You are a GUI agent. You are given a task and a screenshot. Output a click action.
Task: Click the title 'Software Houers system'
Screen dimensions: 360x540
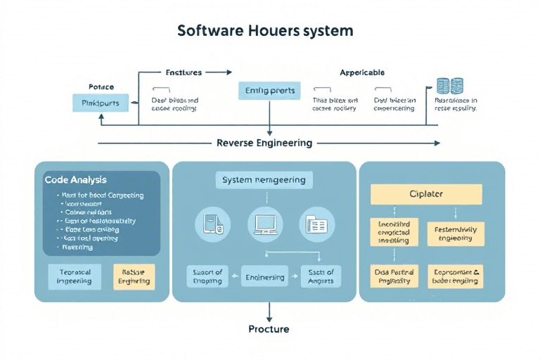[x=265, y=32]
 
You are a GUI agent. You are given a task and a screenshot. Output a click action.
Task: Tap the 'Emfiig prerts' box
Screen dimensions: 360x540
[x=270, y=91]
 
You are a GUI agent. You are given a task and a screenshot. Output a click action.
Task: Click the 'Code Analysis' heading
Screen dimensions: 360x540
[x=76, y=180]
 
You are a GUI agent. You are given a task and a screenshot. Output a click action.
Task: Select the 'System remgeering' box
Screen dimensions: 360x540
[x=264, y=180]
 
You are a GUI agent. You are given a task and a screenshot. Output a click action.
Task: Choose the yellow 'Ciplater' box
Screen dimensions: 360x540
[x=425, y=194]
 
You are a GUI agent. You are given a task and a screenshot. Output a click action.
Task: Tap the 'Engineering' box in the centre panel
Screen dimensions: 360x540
[x=264, y=277]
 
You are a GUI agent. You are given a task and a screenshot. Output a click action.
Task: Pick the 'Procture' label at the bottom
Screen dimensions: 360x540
[x=269, y=329]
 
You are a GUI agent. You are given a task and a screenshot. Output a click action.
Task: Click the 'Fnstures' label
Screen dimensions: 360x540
[x=184, y=72]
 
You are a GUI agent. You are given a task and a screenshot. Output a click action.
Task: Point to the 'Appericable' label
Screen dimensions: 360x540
[x=362, y=72]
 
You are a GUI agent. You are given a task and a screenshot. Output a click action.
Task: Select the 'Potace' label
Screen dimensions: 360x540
[x=101, y=86]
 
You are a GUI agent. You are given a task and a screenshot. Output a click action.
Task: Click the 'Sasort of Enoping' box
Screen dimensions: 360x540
[x=208, y=276]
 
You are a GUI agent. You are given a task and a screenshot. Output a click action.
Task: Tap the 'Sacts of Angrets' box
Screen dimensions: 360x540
[x=321, y=276]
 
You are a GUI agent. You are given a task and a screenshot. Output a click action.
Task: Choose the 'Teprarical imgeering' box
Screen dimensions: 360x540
[x=74, y=276]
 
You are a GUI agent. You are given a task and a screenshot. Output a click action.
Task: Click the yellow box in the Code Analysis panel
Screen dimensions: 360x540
[x=134, y=276]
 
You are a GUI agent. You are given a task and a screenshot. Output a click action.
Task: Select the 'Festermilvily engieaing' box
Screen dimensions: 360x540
[x=455, y=233]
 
